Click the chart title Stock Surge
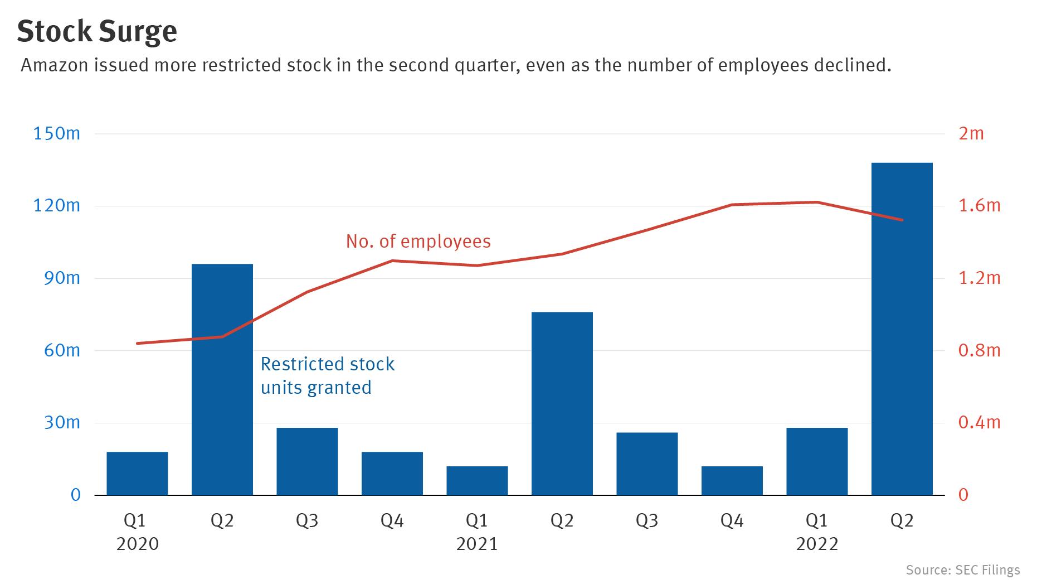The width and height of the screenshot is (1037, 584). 97,32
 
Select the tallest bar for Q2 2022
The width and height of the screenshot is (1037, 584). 902,329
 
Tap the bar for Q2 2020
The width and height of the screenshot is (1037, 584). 222,379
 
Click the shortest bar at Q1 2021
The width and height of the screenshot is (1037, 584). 477,480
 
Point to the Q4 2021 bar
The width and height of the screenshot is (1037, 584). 732,480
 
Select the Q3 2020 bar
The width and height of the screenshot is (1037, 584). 307,461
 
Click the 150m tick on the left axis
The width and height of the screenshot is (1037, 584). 56,134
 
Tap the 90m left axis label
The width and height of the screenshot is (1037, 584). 61,278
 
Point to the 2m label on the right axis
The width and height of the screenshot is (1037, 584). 971,134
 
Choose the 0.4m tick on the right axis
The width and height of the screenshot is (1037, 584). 979,422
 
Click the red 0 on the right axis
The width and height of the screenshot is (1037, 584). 963,495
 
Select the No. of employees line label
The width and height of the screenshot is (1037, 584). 418,241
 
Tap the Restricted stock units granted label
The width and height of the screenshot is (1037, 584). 327,375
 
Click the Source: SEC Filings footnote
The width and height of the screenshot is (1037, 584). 962,570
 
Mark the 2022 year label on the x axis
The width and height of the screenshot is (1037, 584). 816,544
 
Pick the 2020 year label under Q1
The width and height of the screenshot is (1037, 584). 137,544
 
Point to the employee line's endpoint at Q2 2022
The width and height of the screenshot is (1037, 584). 902,220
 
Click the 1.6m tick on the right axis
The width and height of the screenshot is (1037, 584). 979,206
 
